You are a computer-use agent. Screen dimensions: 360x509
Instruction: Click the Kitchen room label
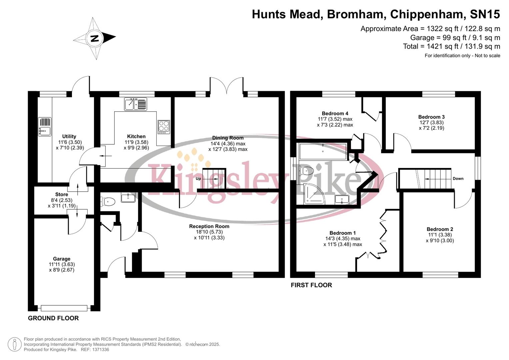(x=136, y=136)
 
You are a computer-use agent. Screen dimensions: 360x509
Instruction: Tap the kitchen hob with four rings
(x=164, y=127)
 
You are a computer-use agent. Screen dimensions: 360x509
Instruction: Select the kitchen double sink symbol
(x=135, y=104)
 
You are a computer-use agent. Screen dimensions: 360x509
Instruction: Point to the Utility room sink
(x=44, y=127)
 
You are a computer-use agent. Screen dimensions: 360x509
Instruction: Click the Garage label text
(x=62, y=259)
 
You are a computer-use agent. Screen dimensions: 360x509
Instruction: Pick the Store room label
(x=62, y=194)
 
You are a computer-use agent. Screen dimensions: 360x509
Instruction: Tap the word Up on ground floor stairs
(x=198, y=179)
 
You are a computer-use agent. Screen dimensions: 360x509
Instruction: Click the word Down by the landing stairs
(x=458, y=179)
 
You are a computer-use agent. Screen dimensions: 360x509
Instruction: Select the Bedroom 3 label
(x=431, y=117)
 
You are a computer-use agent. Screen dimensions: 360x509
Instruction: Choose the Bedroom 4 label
(x=335, y=113)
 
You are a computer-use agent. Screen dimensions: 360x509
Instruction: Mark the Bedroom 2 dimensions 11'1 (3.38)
(x=440, y=235)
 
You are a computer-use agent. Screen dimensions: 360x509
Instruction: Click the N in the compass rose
(x=95, y=38)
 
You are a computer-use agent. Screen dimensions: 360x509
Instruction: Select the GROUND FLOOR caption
(x=53, y=318)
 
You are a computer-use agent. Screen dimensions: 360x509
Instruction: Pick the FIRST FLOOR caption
(x=311, y=285)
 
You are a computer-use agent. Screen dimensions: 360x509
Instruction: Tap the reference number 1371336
(x=100, y=350)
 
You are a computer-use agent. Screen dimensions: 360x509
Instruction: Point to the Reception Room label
(x=209, y=226)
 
